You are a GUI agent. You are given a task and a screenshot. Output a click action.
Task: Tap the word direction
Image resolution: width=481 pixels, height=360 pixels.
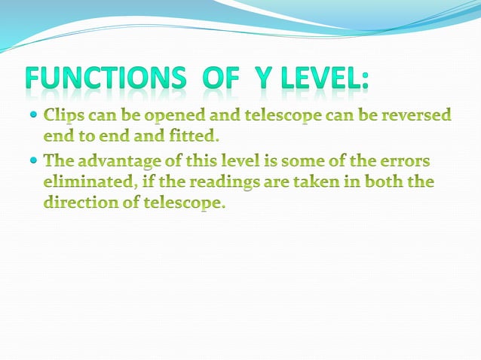pos(78,203)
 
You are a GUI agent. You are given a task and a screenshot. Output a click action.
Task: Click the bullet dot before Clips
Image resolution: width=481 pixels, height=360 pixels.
pos(35,117)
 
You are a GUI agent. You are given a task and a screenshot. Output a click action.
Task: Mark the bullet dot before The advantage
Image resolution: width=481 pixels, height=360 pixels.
pos(35,161)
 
